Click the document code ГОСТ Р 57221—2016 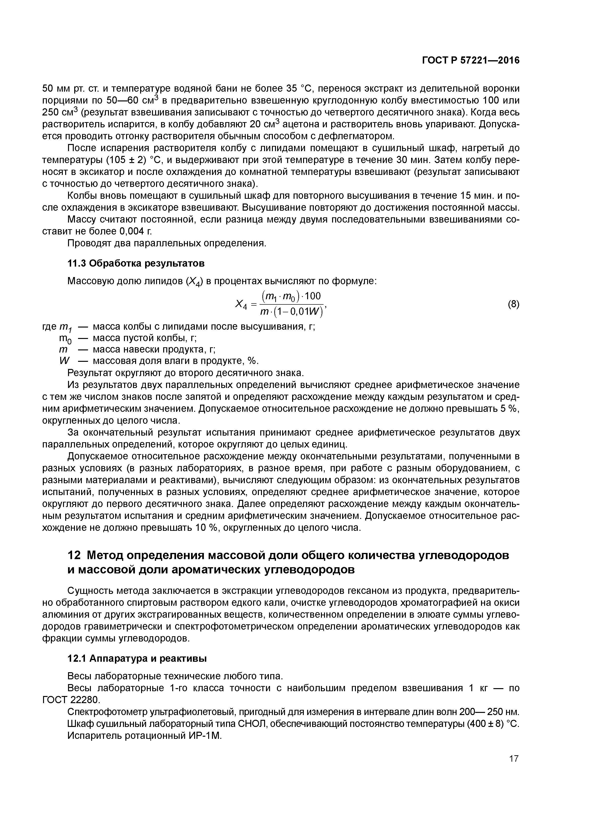coord(471,60)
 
